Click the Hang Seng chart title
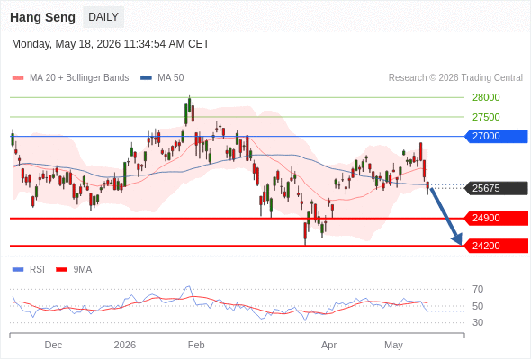coord(42,17)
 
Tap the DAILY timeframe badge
coord(103,17)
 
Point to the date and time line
coord(111,44)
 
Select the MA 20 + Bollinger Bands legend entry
coord(70,78)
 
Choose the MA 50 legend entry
coord(162,78)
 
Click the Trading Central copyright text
coord(455,78)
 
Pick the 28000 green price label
coord(486,97)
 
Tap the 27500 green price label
coord(486,117)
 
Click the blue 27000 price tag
coord(496,136)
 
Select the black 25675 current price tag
coord(496,188)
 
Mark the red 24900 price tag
coord(496,218)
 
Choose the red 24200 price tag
coord(496,246)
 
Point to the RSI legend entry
coord(29,270)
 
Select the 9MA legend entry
coord(74,270)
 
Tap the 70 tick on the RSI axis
coord(478,289)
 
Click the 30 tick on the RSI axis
coord(478,322)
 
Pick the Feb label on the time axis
coord(196,345)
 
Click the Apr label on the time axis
coord(328,346)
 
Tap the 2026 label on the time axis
coord(124,345)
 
